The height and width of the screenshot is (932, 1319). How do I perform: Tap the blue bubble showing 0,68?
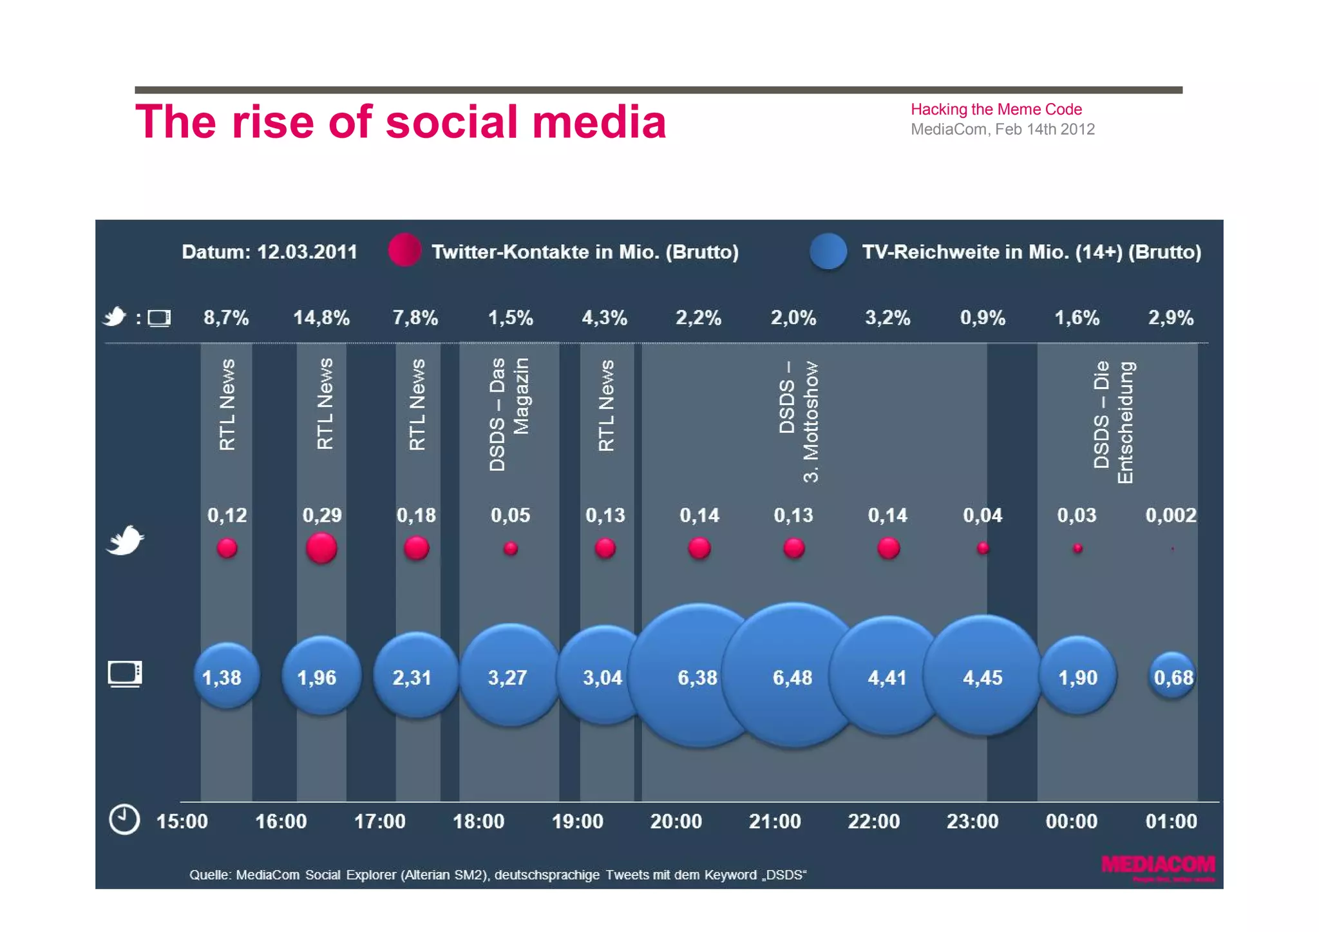[1173, 676]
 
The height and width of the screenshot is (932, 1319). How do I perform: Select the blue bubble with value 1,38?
[226, 676]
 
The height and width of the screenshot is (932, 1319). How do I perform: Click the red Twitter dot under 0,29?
[321, 548]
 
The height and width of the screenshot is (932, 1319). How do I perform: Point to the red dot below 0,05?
[511, 549]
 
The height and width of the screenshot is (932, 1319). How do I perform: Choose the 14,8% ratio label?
[321, 318]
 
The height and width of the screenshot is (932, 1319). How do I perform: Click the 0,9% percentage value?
[983, 318]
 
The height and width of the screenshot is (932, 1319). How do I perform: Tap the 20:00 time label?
[676, 821]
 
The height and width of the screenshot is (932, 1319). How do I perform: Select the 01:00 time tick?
[1171, 821]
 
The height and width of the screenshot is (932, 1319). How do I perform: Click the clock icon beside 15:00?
[124, 819]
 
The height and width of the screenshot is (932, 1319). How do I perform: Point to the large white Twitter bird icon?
[125, 540]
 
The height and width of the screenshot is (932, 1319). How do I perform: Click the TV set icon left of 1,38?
[125, 674]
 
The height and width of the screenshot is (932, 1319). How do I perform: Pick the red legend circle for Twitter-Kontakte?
[404, 250]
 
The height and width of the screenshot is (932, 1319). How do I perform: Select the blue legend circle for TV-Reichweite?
[828, 251]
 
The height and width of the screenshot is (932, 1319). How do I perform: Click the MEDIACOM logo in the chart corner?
[1158, 867]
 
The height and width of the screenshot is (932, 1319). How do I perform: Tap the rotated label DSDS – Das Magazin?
[509, 414]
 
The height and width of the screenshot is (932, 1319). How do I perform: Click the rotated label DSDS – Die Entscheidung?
[1113, 422]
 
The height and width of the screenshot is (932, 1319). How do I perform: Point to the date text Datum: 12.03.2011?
[269, 251]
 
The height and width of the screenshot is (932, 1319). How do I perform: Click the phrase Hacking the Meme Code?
[996, 109]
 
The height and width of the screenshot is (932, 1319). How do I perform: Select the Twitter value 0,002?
[1171, 515]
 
